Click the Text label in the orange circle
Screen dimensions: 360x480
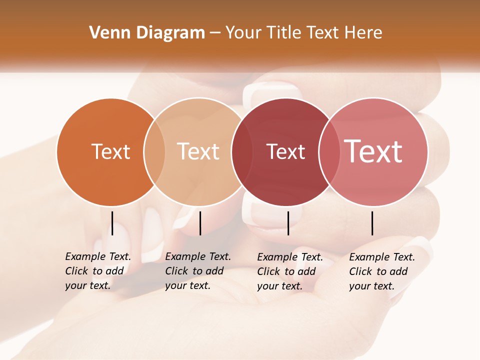(x=110, y=151)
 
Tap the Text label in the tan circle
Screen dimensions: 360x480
(x=198, y=151)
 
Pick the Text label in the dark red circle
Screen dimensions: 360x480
(x=285, y=152)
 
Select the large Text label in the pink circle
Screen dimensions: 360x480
(x=373, y=151)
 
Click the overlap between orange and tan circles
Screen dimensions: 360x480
(x=154, y=152)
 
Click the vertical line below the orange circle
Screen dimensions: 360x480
(x=112, y=223)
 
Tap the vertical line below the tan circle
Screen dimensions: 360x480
(x=200, y=223)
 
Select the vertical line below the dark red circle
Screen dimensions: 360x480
(x=288, y=223)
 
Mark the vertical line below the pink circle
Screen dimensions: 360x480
(x=372, y=223)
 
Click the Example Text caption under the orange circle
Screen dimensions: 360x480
(x=98, y=271)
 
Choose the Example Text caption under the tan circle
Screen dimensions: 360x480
(x=198, y=271)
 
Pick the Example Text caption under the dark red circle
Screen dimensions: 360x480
(x=290, y=271)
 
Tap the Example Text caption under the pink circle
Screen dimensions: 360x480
(x=382, y=271)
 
